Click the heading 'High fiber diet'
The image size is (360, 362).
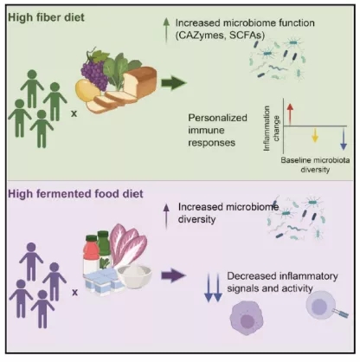(46, 17)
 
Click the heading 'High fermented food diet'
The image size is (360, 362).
(75, 194)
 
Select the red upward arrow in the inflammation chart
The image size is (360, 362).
(290, 114)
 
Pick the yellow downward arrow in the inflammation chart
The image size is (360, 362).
(315, 135)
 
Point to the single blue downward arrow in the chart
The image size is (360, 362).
(344, 139)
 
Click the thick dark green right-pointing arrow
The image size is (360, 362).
(174, 83)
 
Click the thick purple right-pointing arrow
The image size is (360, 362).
(173, 275)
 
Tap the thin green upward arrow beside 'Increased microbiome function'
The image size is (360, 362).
(166, 30)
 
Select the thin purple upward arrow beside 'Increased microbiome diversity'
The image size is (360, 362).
(166, 216)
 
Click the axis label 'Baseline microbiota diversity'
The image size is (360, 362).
(315, 165)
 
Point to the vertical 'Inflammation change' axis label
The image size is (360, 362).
(271, 128)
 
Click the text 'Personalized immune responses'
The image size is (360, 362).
(217, 130)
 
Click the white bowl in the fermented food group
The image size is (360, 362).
(134, 276)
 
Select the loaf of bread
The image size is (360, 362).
(140, 81)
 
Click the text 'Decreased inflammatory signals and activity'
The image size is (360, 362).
(282, 282)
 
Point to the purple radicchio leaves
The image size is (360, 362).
(128, 245)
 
